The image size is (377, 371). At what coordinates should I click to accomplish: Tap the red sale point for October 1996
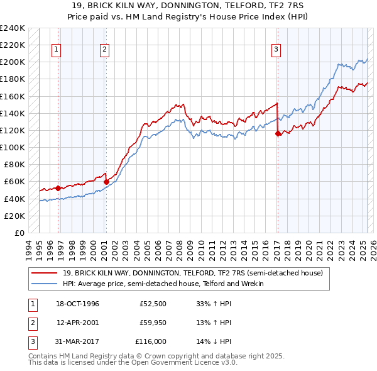(x=58, y=188)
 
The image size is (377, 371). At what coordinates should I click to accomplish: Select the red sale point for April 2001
(x=106, y=182)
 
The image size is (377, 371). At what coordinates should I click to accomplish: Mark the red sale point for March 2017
(x=278, y=133)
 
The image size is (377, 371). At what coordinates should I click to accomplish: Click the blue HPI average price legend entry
(x=163, y=284)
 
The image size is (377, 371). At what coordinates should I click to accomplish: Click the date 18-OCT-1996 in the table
(x=78, y=304)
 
